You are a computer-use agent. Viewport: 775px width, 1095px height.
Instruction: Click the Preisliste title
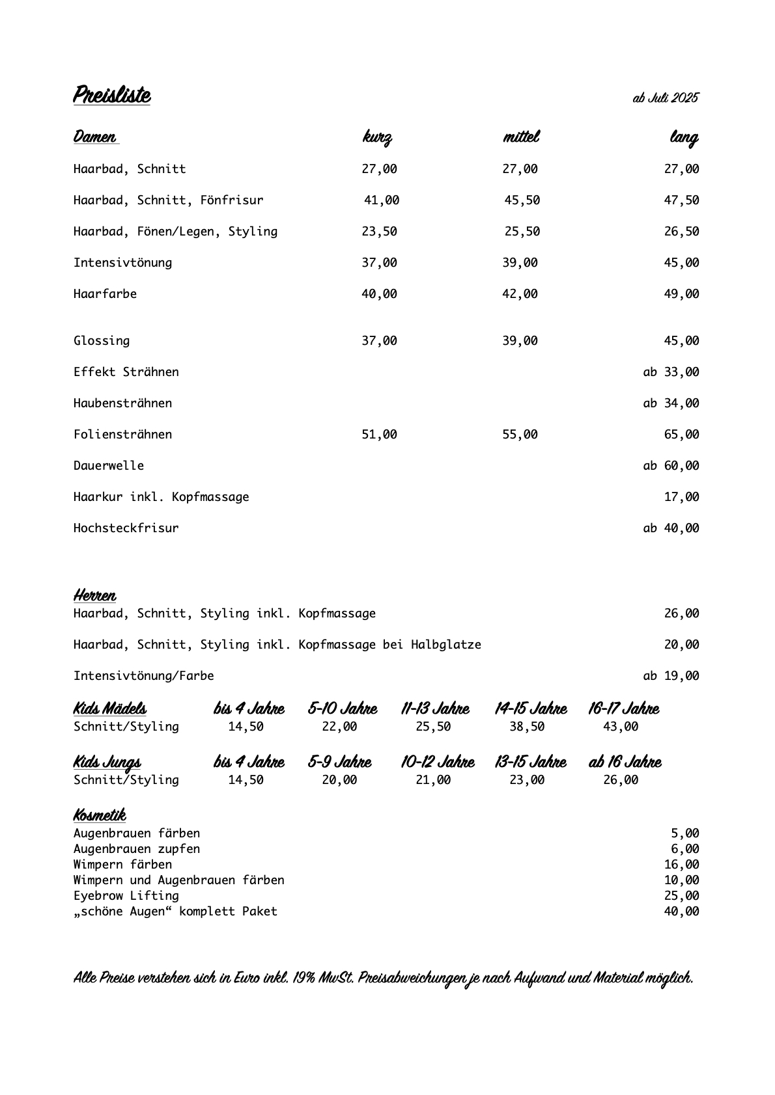pyautogui.click(x=111, y=95)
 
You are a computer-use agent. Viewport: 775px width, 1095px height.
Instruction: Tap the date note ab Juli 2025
pyautogui.click(x=665, y=98)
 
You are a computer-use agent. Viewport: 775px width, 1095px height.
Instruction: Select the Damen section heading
pyautogui.click(x=95, y=137)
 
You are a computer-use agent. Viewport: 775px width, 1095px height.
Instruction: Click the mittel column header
pyautogui.click(x=521, y=137)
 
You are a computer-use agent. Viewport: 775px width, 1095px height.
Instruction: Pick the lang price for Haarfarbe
pyautogui.click(x=681, y=294)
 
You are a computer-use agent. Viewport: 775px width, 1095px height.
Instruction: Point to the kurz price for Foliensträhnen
pyautogui.click(x=379, y=435)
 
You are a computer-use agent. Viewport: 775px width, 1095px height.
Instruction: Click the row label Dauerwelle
pyautogui.click(x=109, y=466)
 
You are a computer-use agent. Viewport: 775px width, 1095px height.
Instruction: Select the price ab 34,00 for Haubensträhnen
pyautogui.click(x=671, y=403)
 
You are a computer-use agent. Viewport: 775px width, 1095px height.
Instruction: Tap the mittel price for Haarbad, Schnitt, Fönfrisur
pyautogui.click(x=522, y=200)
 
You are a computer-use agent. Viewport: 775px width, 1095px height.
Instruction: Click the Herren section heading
pyautogui.click(x=95, y=595)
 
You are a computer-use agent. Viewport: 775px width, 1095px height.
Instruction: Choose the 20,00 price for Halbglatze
pyautogui.click(x=681, y=645)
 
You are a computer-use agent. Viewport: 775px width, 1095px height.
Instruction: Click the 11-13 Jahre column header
pyautogui.click(x=435, y=709)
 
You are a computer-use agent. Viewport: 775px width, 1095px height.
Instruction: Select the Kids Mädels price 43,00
pyautogui.click(x=621, y=727)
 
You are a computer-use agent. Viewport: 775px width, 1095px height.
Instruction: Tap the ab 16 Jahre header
pyautogui.click(x=625, y=762)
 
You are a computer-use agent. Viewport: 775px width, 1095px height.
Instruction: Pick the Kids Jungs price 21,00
pyautogui.click(x=433, y=780)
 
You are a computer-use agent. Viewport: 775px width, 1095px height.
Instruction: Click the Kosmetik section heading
pyautogui.click(x=100, y=815)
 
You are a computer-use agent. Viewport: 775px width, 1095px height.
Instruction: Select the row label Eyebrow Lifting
pyautogui.click(x=126, y=896)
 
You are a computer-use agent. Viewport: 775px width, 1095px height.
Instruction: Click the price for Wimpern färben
pyautogui.click(x=681, y=865)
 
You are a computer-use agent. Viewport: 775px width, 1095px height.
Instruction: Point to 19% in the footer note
pyautogui.click(x=303, y=978)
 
